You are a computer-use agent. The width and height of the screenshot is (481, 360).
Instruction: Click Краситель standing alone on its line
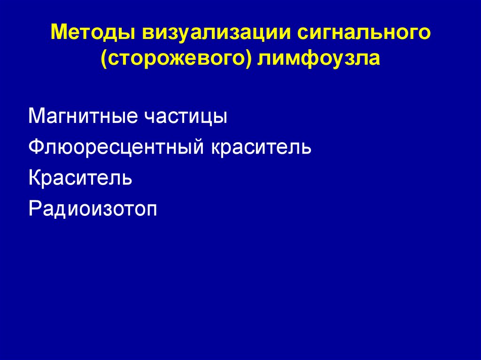[x=80, y=178]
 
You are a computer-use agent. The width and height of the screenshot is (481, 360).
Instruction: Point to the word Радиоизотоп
[x=93, y=208]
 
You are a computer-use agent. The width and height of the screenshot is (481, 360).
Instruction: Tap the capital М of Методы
[x=59, y=34]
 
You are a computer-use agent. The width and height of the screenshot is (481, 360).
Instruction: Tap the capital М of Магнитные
[x=37, y=116]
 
